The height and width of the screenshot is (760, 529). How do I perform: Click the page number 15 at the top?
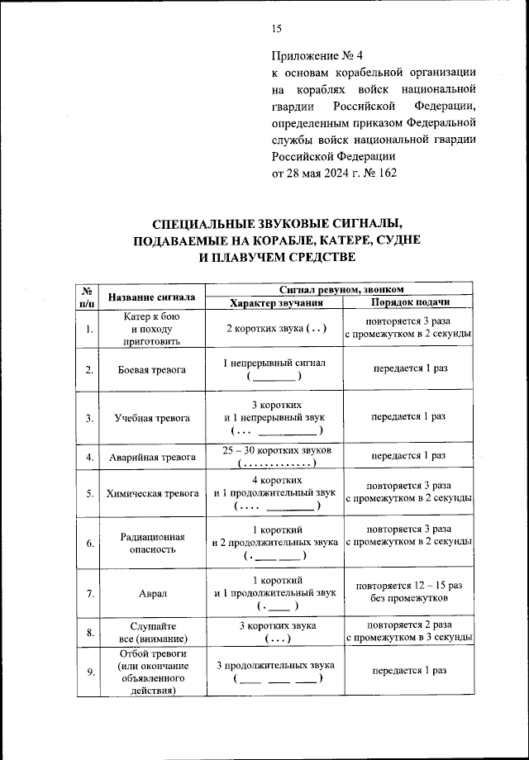277,29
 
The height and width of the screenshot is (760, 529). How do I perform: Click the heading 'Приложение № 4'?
317,56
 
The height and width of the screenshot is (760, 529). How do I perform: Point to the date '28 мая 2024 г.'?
323,173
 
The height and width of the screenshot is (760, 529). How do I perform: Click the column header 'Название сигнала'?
152,297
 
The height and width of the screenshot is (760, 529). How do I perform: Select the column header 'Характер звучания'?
276,303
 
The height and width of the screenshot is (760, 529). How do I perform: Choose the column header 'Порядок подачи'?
409,303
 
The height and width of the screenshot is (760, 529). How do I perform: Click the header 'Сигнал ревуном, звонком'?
341,289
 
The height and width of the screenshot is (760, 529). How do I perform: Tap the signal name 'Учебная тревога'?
152,418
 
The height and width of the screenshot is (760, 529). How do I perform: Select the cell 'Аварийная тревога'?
152,457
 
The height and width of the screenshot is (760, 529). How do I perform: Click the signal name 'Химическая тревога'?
152,493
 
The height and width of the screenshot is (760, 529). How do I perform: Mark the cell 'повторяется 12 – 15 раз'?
409,585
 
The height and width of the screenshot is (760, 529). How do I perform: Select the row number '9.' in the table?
88,671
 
